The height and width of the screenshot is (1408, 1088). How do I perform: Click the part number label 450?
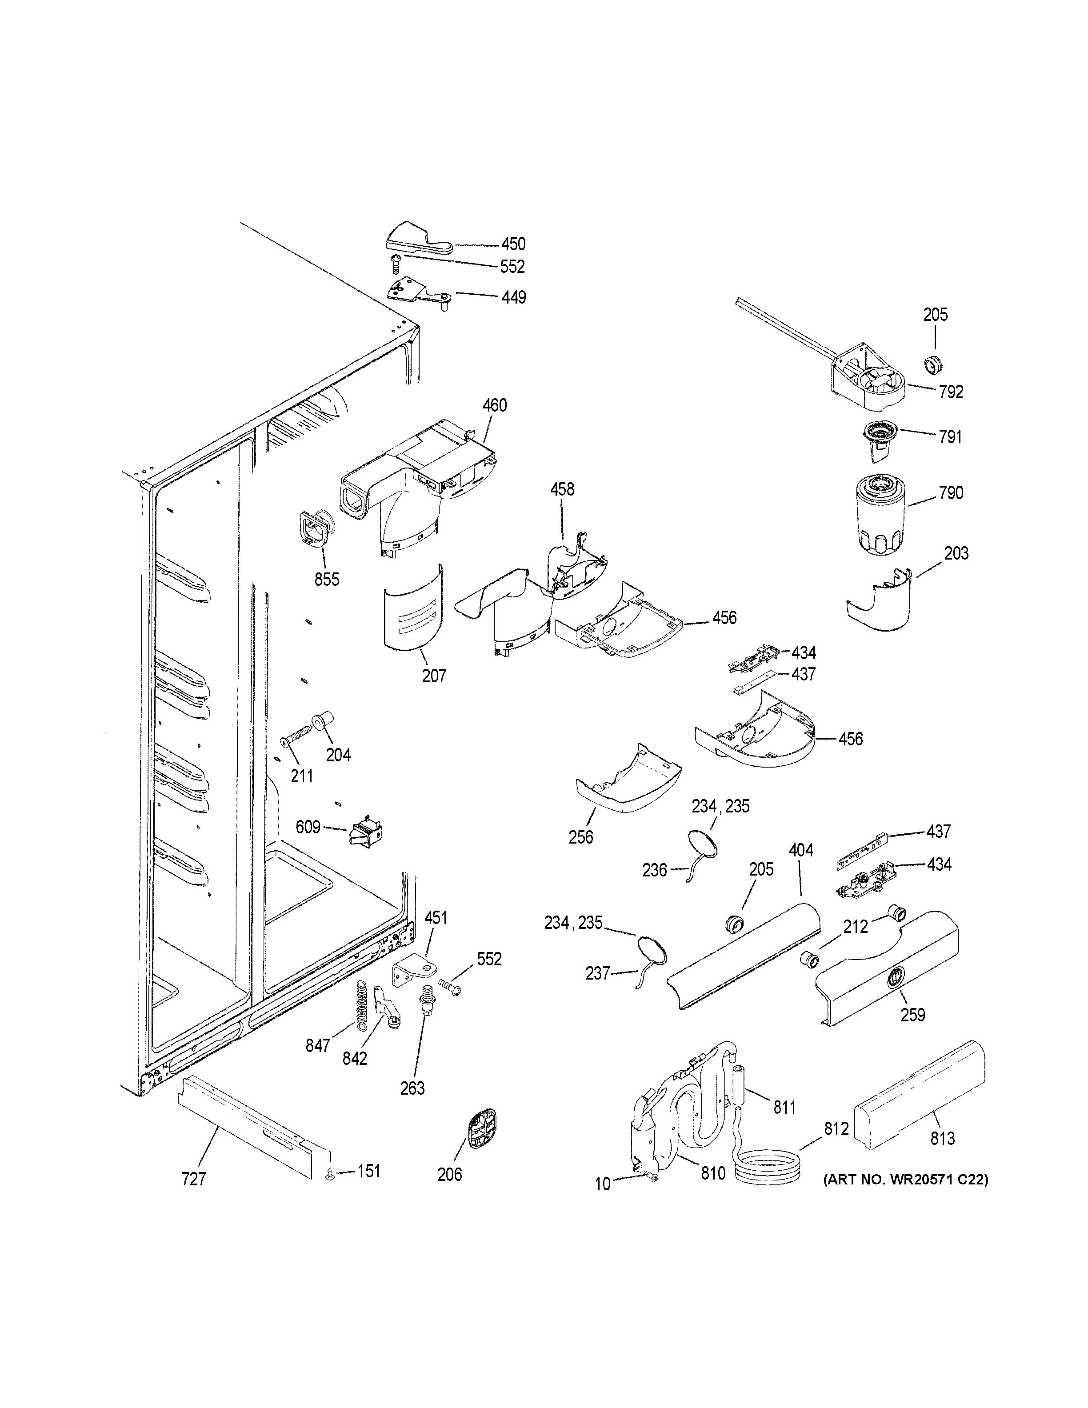[514, 244]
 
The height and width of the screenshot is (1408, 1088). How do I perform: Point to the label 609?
[308, 827]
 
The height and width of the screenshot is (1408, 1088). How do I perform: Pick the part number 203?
[956, 553]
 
